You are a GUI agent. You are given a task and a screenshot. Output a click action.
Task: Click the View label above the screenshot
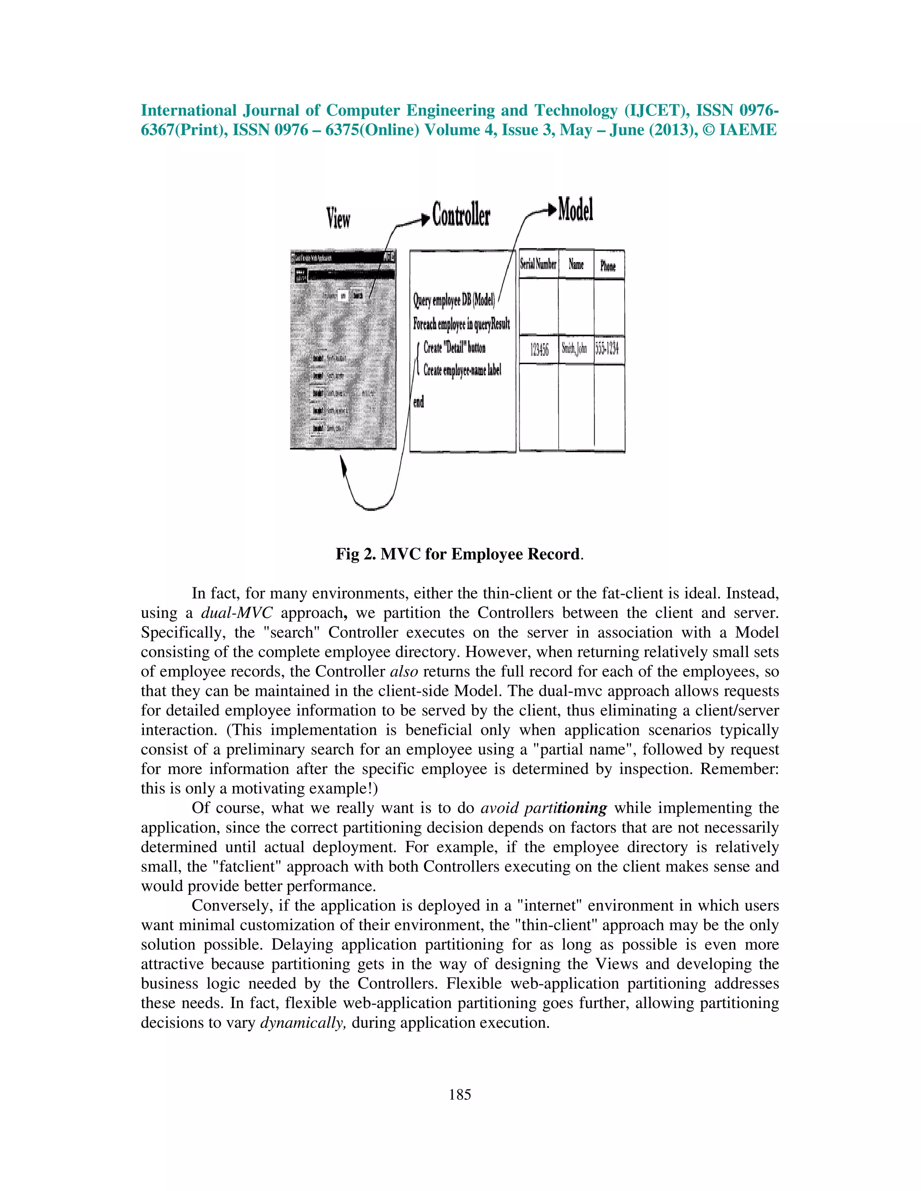[x=338, y=218]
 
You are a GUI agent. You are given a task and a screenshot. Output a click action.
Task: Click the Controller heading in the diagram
[x=461, y=215]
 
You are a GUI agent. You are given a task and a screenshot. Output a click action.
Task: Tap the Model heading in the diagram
[x=576, y=210]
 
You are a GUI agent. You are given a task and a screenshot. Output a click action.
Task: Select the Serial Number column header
[x=538, y=264]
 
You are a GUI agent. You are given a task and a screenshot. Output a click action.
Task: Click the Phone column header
[x=608, y=266]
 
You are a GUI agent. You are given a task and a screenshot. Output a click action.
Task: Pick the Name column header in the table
[x=576, y=264]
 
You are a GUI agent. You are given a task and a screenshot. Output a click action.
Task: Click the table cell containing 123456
[x=539, y=350]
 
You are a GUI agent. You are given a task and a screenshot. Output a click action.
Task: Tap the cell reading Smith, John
[x=575, y=349]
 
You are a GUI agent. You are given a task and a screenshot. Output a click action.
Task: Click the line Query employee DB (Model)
[x=454, y=300]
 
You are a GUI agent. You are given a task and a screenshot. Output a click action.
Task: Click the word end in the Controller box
[x=419, y=402]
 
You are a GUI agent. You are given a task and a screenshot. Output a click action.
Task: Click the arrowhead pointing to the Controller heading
[x=425, y=219]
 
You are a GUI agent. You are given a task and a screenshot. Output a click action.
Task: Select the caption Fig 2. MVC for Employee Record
[x=460, y=554]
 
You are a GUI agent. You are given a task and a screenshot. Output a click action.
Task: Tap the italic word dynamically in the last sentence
[x=303, y=1022]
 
